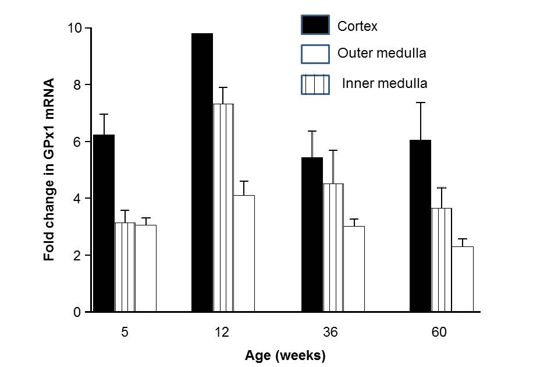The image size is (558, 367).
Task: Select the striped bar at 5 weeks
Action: point(125,267)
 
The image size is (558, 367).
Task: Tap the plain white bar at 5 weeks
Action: point(146,269)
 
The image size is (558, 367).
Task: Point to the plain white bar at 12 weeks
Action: point(244,253)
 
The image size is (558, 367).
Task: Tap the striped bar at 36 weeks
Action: point(333,248)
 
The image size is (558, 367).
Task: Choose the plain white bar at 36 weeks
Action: point(354,269)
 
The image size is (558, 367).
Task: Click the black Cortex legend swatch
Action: point(315,25)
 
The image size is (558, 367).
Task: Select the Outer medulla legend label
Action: point(382,53)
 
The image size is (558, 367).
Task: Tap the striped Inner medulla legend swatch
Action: point(315,84)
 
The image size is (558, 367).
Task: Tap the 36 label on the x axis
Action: point(330,333)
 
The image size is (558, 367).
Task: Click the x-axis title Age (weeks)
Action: point(285,355)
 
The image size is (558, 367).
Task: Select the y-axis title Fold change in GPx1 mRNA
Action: point(49,169)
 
